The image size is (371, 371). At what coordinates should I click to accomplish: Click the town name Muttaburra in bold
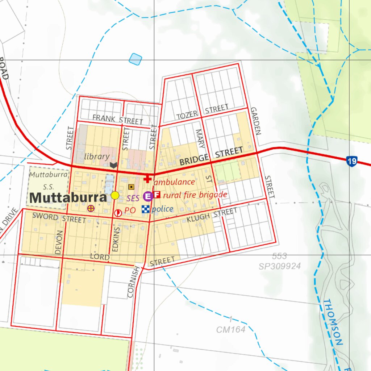[x=68, y=198]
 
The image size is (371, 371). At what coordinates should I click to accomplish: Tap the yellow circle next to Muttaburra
[x=115, y=195]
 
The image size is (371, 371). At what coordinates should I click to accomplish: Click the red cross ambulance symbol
[x=147, y=179]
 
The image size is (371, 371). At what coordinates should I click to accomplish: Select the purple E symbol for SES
[x=148, y=196]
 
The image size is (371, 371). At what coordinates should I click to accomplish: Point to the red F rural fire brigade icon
[x=157, y=195]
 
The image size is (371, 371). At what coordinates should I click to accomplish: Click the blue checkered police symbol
[x=145, y=209]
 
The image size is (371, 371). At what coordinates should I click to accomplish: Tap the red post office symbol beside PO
[x=118, y=213]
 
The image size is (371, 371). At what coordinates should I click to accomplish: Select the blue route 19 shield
[x=351, y=161]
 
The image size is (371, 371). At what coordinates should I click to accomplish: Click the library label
[x=97, y=157]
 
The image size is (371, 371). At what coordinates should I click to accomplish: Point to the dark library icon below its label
[x=114, y=166]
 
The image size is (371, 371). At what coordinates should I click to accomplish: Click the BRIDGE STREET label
[x=211, y=156]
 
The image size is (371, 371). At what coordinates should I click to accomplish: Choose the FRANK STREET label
[x=118, y=119]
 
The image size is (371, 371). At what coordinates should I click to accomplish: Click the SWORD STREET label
[x=59, y=218]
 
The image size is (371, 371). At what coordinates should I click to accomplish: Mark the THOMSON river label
[x=333, y=322]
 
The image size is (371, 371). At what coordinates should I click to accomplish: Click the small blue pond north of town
[x=136, y=59]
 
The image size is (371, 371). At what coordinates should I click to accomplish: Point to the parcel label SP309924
[x=280, y=266]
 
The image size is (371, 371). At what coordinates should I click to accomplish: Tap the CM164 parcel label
[x=231, y=330]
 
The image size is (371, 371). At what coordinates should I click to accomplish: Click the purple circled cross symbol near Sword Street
[x=91, y=208]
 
